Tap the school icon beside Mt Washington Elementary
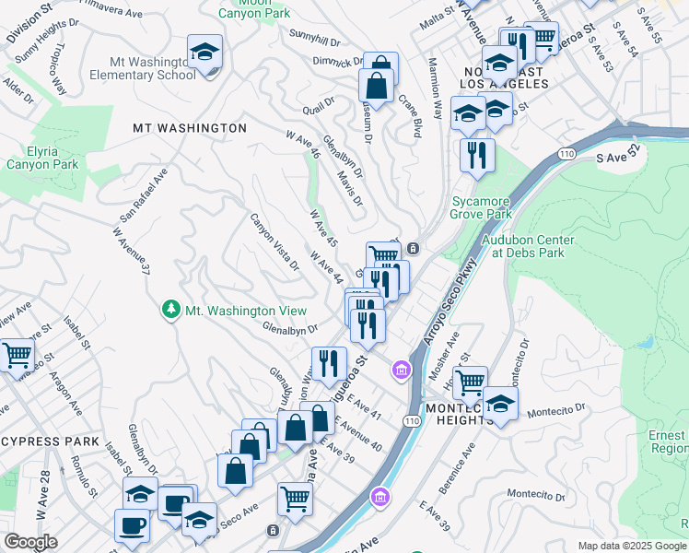[x=204, y=52]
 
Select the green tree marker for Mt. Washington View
[x=170, y=311]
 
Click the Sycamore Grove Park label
[x=480, y=207]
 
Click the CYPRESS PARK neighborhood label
[x=50, y=441]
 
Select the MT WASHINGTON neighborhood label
[x=190, y=128]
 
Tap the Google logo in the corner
[x=30, y=541]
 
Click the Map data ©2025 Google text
[x=631, y=546]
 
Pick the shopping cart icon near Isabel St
[x=17, y=355]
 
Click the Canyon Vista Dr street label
[x=274, y=241]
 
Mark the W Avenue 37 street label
[x=130, y=252]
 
